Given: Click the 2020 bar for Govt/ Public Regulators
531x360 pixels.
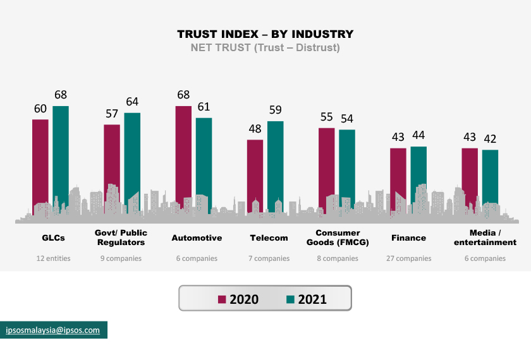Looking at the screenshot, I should click(x=112, y=158).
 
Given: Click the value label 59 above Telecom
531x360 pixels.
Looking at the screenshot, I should click(x=276, y=111).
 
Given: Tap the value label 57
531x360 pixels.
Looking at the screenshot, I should click(x=112, y=114).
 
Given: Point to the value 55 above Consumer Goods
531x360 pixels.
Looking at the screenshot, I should click(x=326, y=117).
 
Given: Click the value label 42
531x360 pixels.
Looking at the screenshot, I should click(x=491, y=139).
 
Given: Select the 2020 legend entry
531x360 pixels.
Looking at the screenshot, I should click(x=238, y=299).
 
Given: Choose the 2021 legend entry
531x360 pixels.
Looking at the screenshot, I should click(x=306, y=299).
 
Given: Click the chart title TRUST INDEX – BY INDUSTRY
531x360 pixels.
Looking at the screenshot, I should click(x=265, y=34).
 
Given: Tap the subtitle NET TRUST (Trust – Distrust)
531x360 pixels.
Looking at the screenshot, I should click(x=265, y=48).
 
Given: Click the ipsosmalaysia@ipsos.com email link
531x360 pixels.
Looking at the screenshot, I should click(x=53, y=330).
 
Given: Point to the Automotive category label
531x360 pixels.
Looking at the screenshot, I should click(x=197, y=238).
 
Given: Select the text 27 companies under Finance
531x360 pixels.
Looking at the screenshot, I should click(x=408, y=258).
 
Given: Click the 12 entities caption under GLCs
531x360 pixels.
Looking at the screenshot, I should click(x=53, y=258).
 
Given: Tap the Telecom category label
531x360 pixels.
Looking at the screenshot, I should click(x=269, y=238).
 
